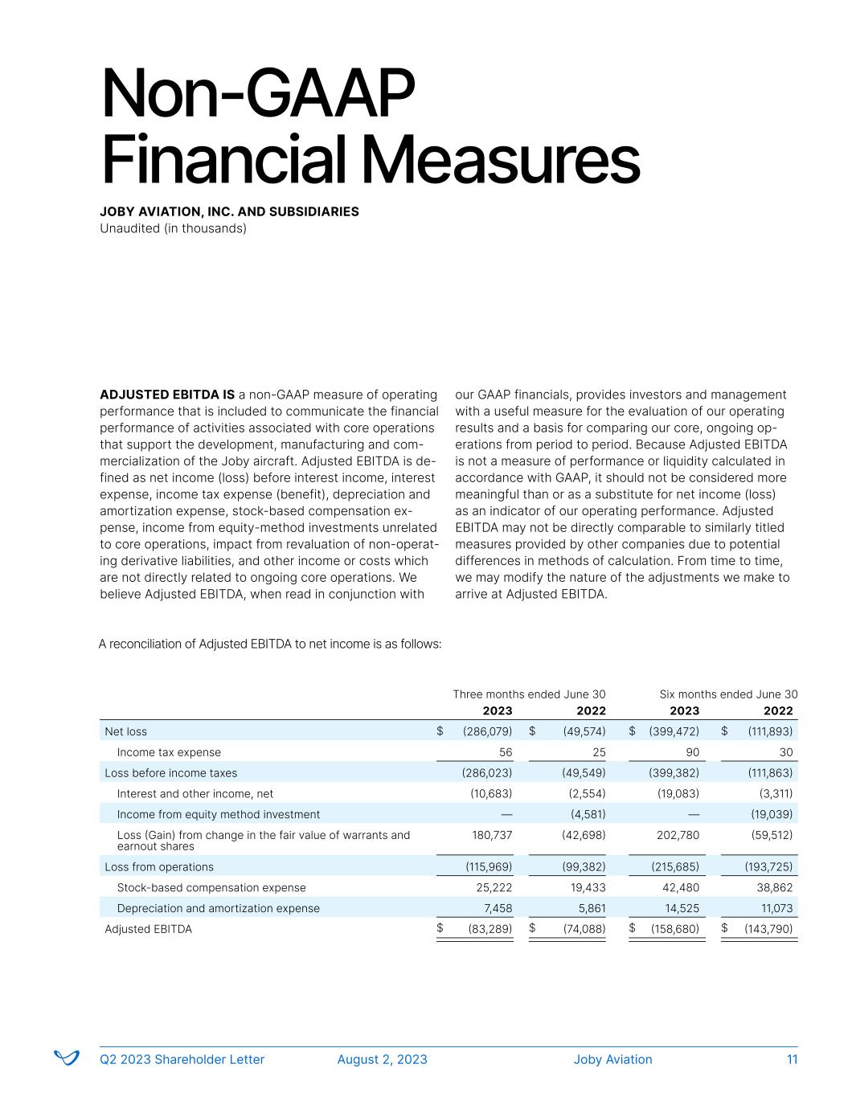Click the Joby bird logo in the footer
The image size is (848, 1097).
pyautogui.click(x=66, y=1058)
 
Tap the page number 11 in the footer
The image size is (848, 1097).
pyautogui.click(x=792, y=1059)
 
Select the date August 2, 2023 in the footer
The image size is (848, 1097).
pyautogui.click(x=382, y=1059)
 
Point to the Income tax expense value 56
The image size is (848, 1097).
pyautogui.click(x=505, y=752)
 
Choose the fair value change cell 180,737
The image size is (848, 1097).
pyautogui.click(x=490, y=835)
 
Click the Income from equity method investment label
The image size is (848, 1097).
pyautogui.click(x=218, y=814)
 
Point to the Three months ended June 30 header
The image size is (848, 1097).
pyautogui.click(x=529, y=694)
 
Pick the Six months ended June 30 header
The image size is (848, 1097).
pyautogui.click(x=728, y=694)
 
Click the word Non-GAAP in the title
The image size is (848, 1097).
pyautogui.click(x=257, y=95)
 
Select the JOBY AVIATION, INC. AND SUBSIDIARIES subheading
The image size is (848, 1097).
pyautogui.click(x=229, y=212)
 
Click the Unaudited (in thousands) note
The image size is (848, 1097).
pyautogui.click(x=173, y=228)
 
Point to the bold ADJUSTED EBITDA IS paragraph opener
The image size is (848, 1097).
pyautogui.click(x=167, y=395)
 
